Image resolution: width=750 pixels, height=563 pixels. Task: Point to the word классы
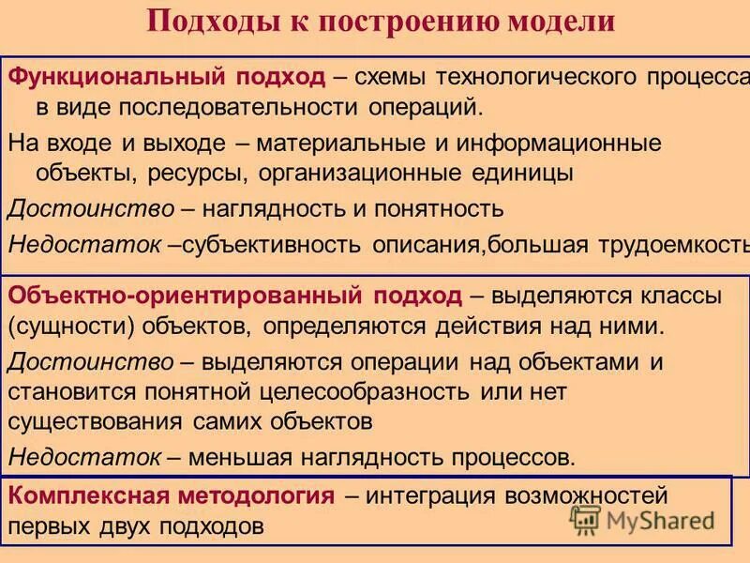(x=674, y=297)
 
